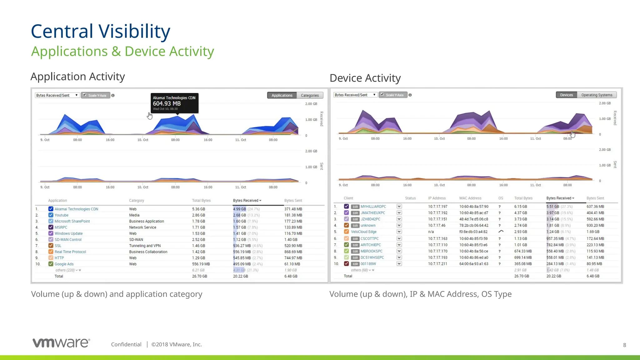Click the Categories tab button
click(x=310, y=95)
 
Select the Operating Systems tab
click(x=597, y=95)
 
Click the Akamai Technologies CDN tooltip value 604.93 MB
click(x=167, y=103)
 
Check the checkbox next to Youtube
click(x=51, y=215)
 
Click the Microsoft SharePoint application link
click(x=72, y=221)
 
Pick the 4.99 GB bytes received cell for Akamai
click(x=239, y=209)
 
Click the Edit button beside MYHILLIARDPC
click(x=355, y=207)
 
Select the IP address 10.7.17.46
click(x=437, y=225)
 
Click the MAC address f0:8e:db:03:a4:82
click(x=473, y=232)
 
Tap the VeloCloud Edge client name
click(x=363, y=232)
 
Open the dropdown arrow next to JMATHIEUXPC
click(x=399, y=213)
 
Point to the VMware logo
click(x=61, y=343)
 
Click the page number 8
click(x=624, y=345)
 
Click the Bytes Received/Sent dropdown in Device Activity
click(x=355, y=95)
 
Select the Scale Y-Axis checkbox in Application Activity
click(x=84, y=95)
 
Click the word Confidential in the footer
click(x=126, y=344)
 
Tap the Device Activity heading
click(x=365, y=78)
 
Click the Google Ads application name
click(x=64, y=264)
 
